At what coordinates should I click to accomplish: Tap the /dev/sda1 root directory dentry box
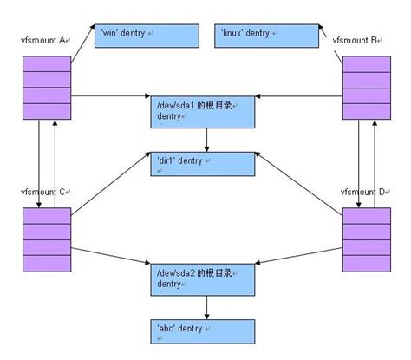tap(205, 112)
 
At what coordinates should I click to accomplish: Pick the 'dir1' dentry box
tap(205, 162)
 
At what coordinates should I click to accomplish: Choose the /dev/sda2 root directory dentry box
tap(205, 278)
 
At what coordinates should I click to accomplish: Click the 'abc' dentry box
tap(205, 330)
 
